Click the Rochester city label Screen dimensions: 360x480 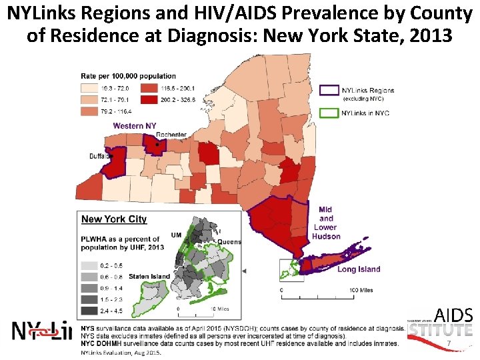point(171,135)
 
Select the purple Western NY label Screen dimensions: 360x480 point(135,125)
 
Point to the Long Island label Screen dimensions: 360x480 point(359,269)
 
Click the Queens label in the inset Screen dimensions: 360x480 point(229,241)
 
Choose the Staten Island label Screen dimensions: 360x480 point(149,276)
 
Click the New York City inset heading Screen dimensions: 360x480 point(114,219)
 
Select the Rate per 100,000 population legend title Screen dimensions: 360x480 point(129,76)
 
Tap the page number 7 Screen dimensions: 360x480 point(449,343)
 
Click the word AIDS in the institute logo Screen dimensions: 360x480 point(453,315)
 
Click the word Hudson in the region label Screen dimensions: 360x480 point(326,236)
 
